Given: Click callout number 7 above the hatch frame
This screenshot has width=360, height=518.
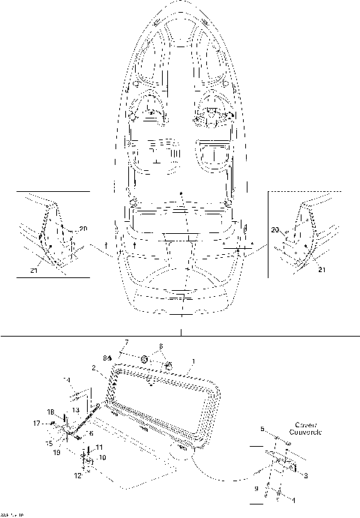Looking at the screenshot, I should (x=126, y=343).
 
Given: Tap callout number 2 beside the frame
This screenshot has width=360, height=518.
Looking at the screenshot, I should (x=94, y=368).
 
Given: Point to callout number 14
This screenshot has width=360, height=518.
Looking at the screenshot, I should (x=66, y=381).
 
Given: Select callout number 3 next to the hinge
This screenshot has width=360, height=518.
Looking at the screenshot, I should (x=305, y=475).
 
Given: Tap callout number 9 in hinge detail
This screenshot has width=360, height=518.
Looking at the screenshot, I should (x=256, y=489).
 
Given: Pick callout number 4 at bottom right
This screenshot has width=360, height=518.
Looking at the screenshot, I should (x=292, y=499).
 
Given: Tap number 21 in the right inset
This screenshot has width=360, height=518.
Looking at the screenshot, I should (x=321, y=268).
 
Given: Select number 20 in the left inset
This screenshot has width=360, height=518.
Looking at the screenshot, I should (x=82, y=228).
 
